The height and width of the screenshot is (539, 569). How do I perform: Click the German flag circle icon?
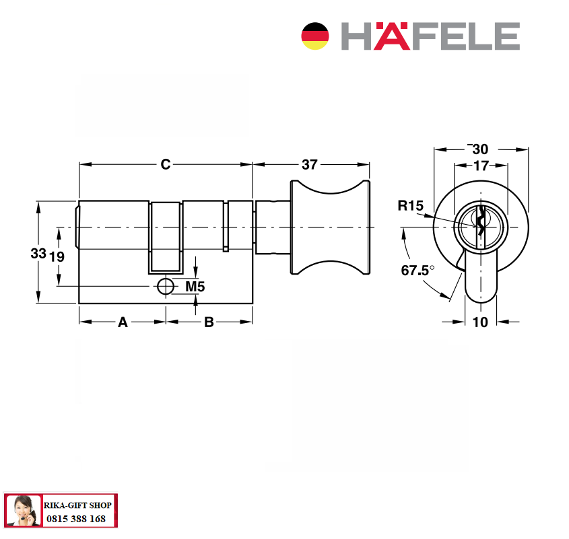315,36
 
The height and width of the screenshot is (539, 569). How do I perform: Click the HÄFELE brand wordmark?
430,36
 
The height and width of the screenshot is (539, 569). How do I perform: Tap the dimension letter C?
166,164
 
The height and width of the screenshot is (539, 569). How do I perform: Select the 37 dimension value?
310,165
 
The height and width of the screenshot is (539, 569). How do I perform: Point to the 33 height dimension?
38,253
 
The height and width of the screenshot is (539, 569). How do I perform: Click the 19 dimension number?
57,257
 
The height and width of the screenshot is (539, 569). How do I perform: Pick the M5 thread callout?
195,287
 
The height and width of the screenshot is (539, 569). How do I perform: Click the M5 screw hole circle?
166,287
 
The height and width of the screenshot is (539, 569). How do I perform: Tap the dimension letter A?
123,322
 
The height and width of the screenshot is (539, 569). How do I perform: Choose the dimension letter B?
209,322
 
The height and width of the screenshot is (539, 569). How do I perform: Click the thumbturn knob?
330,227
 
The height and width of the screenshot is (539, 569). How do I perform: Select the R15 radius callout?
410,206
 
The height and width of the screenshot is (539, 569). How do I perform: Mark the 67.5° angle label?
417,271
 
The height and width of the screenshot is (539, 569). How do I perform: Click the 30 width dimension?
480,149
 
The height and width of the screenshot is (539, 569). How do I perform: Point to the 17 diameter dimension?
481,166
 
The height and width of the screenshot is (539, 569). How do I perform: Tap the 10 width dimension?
481,322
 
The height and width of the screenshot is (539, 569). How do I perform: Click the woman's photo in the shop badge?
23,510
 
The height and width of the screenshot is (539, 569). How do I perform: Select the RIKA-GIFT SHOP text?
77,505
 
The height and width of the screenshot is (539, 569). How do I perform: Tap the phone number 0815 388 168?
76,519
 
